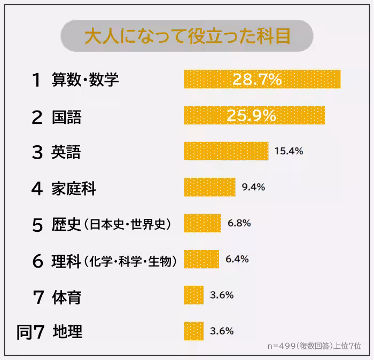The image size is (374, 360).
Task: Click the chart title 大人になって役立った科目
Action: point(187,36)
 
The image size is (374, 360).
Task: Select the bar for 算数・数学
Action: point(262,79)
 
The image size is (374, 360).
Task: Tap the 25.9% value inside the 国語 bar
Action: point(251,115)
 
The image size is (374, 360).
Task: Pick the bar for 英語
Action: point(225,151)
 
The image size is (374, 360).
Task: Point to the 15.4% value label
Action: point(289,151)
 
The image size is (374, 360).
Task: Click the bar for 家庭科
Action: point(209,187)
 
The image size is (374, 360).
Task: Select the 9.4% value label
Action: point(253,187)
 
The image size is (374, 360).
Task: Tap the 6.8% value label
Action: point(239,223)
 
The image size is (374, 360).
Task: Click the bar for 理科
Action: point(201,259)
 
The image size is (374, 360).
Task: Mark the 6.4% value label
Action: point(237,259)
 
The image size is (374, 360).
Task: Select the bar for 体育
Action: point(193,295)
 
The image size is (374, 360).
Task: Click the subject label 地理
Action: point(67,332)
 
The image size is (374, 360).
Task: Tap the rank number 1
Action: point(36,80)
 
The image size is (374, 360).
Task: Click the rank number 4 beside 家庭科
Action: point(36,189)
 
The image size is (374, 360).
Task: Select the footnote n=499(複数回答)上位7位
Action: point(314,346)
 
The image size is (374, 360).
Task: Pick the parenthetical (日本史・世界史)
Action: point(128,225)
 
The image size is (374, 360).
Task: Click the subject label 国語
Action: point(66,117)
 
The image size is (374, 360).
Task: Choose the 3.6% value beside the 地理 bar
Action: point(222,331)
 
